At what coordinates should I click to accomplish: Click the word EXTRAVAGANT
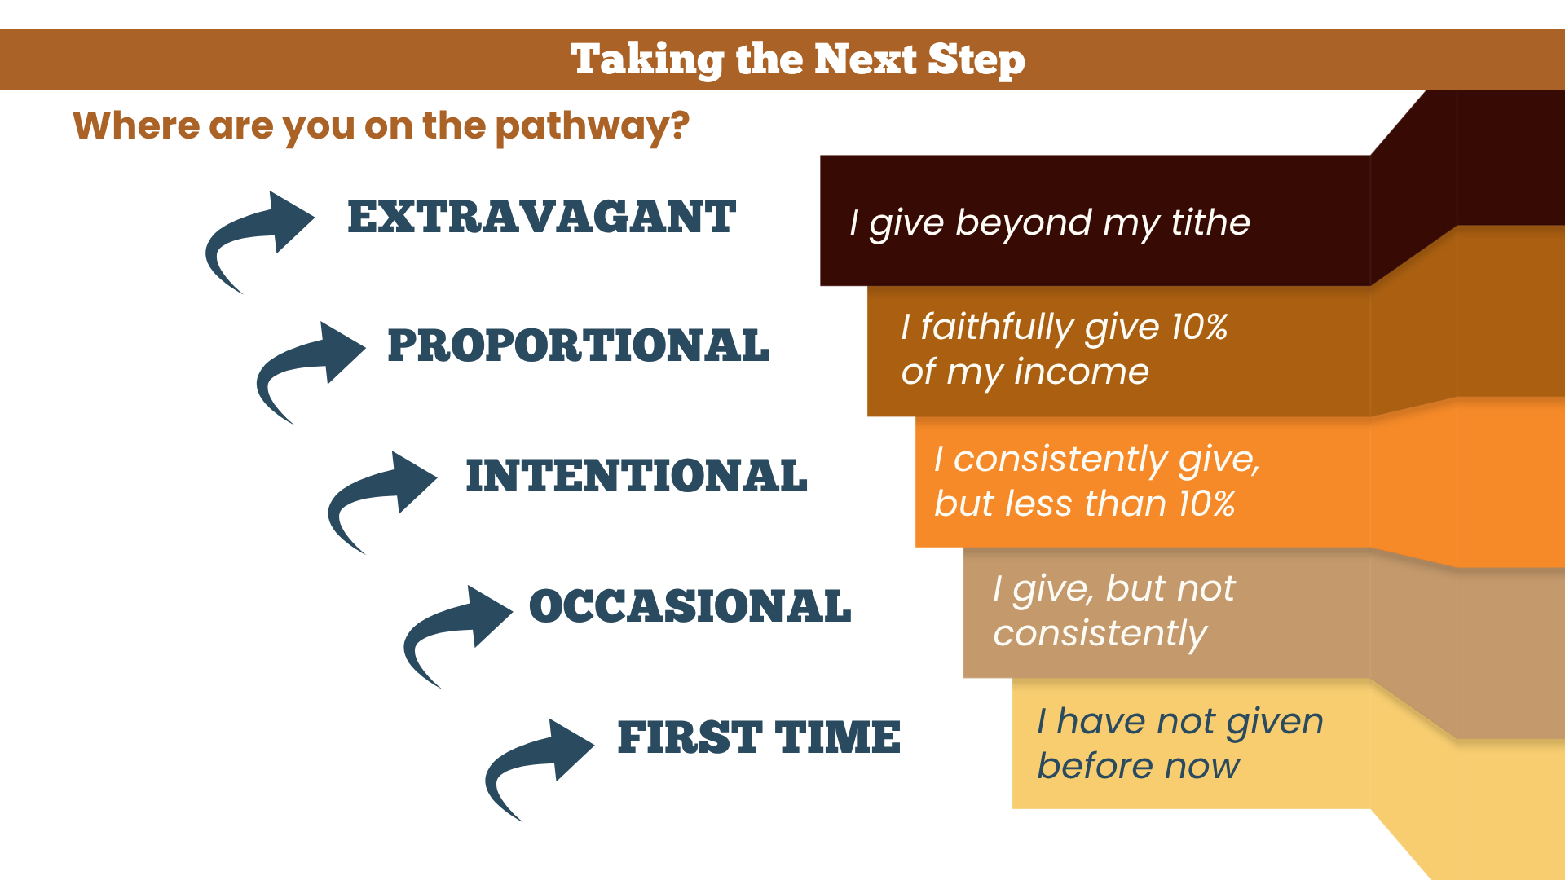pos(542,217)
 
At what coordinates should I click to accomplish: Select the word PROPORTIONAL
pos(578,345)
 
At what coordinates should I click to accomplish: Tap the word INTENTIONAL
pos(637,476)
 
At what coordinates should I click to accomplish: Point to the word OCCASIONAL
pos(690,606)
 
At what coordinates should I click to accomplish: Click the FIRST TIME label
pos(759,737)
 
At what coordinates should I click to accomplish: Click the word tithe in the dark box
pos(1210,222)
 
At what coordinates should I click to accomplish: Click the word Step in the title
pos(976,60)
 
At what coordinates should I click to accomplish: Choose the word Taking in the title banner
pos(647,60)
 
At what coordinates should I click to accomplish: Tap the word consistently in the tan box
pos(1100,634)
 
